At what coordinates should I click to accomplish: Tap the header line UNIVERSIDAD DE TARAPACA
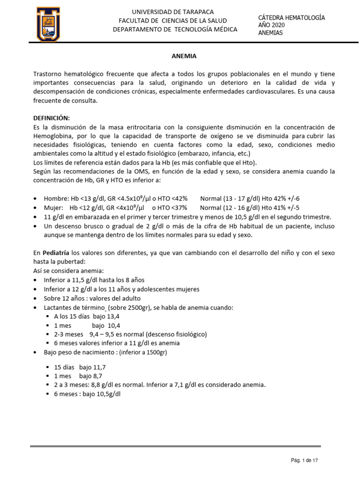pos(172,12)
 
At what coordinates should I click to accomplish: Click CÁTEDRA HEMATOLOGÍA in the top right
pos(292,17)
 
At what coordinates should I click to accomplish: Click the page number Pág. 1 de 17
pos(304,461)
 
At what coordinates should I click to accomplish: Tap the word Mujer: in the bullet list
pos(54,208)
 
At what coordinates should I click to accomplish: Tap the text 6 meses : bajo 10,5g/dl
pos(87,394)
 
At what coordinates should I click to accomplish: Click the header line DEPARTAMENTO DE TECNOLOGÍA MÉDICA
pos(175,30)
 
